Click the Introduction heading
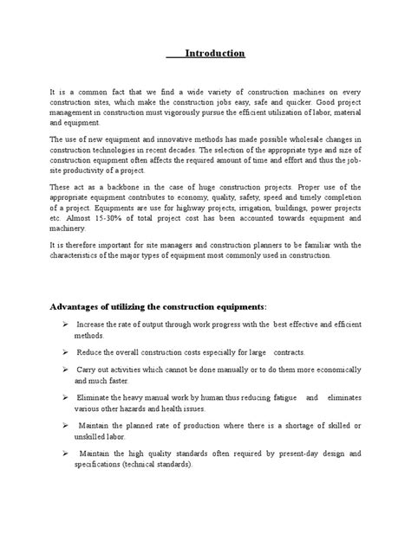point(215,55)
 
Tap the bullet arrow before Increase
point(67,324)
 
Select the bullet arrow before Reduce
point(67,353)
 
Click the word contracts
point(286,353)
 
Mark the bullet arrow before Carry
point(67,369)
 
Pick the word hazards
point(150,408)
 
